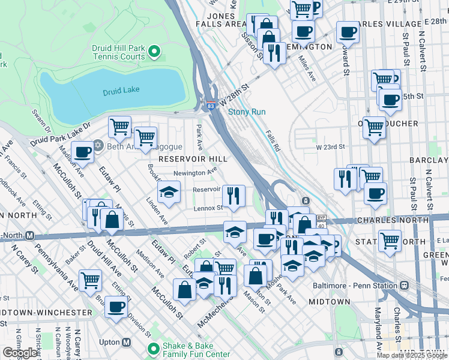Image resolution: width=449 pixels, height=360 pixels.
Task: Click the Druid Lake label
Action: (121, 90)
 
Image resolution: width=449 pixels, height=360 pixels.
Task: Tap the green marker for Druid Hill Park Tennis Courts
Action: (154, 52)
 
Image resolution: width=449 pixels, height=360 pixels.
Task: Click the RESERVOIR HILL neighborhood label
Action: (193, 159)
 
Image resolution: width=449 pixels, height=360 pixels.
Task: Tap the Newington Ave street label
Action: (194, 173)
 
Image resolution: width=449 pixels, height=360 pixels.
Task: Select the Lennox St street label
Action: (208, 208)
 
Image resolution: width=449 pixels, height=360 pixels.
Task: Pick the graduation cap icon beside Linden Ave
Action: (169, 192)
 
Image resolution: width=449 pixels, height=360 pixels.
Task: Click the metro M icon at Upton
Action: (126, 342)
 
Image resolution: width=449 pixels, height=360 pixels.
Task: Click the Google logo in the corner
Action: (20, 353)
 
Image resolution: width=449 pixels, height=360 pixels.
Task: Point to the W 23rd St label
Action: (330, 146)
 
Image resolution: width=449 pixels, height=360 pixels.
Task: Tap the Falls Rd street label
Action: (274, 142)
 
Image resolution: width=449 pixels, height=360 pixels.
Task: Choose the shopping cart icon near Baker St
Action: (91, 279)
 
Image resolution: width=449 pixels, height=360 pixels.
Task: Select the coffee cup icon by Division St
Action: (116, 307)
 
